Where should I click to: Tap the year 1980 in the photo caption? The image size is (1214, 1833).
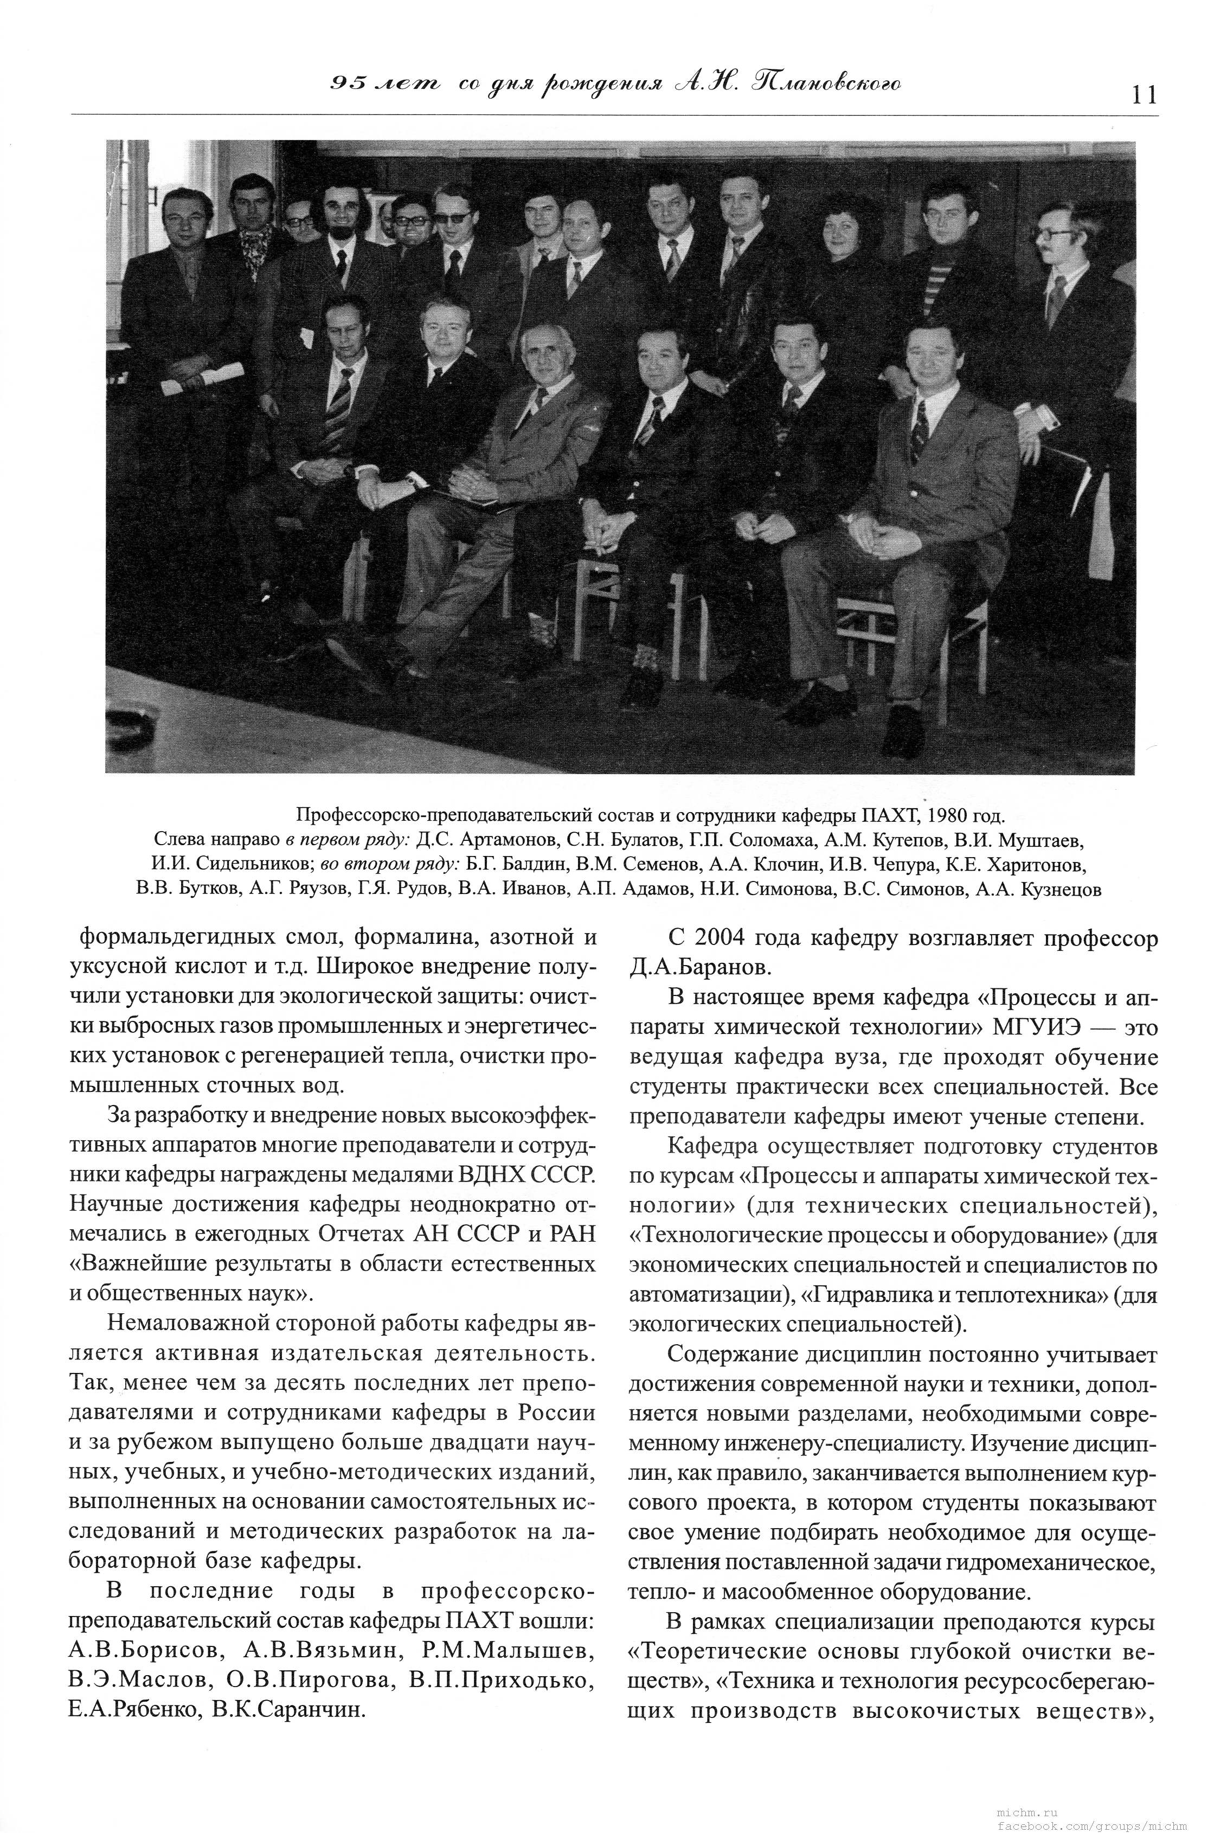point(928,815)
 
